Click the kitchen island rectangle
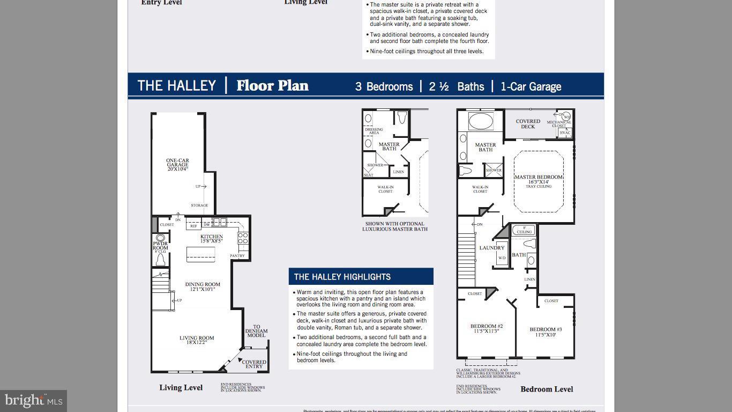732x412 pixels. click(200, 254)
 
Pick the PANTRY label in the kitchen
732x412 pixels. click(237, 256)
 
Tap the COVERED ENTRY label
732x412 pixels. click(254, 364)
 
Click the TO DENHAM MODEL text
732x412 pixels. click(256, 331)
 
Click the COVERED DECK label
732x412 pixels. click(528, 124)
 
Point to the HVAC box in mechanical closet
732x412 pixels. click(565, 133)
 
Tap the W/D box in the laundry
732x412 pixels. click(502, 258)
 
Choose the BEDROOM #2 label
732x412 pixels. click(487, 328)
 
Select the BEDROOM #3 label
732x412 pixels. click(546, 332)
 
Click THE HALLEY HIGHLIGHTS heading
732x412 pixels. click(342, 277)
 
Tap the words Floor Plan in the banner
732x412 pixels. click(272, 86)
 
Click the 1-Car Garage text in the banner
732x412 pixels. click(531, 86)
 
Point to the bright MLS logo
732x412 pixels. click(33, 400)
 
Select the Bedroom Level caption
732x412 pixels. click(547, 389)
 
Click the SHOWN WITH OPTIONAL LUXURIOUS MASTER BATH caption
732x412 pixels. click(395, 226)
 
